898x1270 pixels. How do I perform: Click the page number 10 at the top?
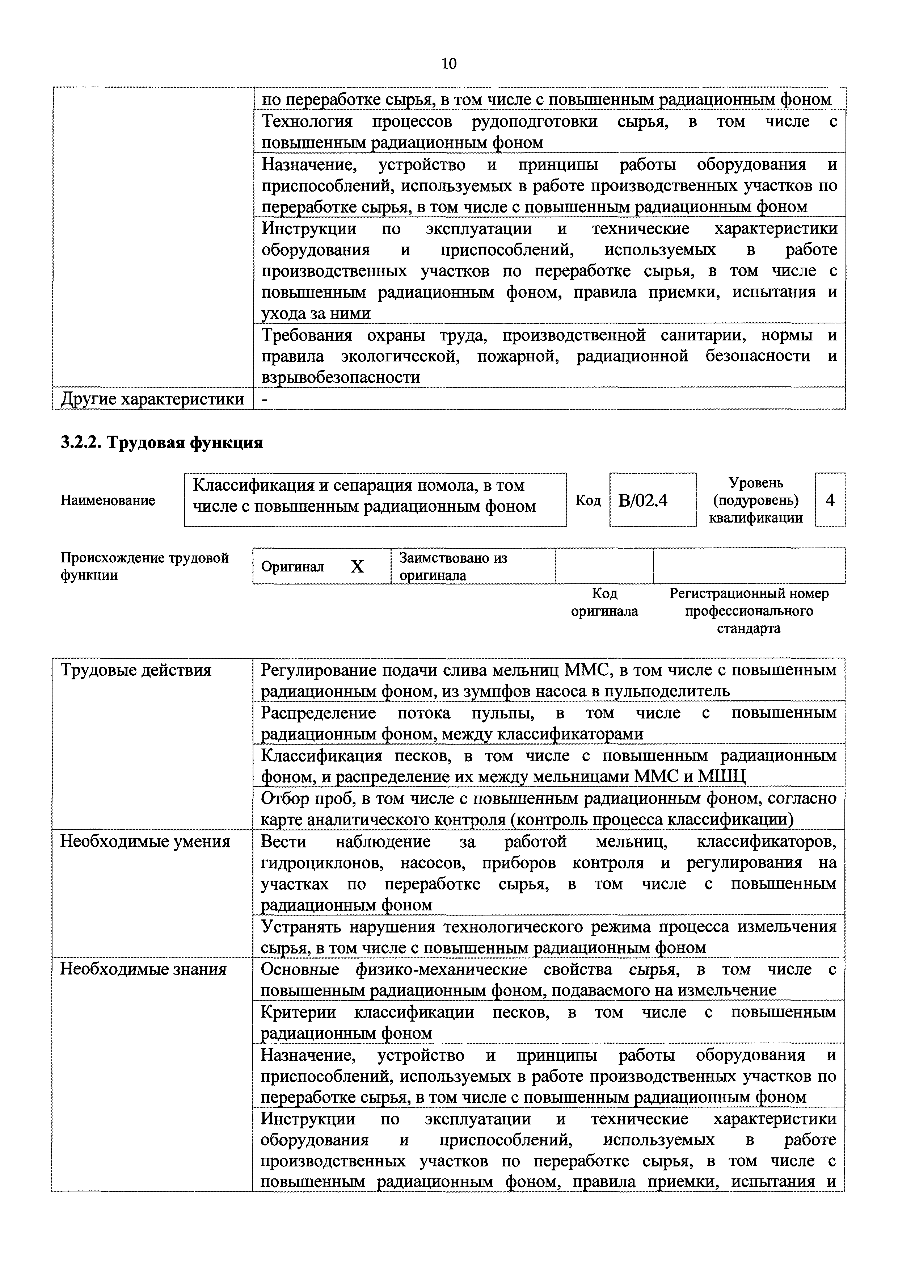click(x=449, y=64)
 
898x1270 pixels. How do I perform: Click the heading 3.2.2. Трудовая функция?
click(x=161, y=443)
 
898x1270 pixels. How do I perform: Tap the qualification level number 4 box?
click(x=830, y=500)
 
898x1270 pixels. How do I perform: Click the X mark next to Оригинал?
click(x=358, y=566)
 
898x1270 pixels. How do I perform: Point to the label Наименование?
click(x=108, y=500)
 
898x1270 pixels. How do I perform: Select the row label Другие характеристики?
click(x=152, y=399)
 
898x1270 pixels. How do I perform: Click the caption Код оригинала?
click(x=604, y=602)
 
